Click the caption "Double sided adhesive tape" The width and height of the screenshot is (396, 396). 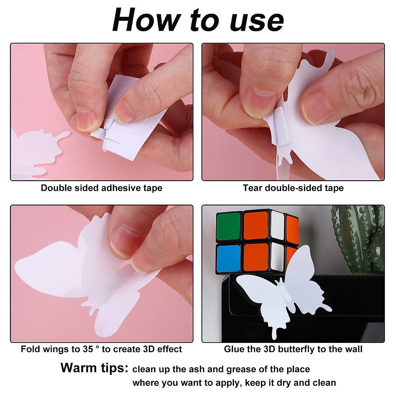pyautogui.click(x=102, y=188)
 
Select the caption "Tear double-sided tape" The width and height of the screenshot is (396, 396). pyautogui.click(x=293, y=188)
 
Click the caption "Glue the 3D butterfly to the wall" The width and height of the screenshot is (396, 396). pyautogui.click(x=293, y=349)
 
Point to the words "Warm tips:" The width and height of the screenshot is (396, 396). pyautogui.click(x=94, y=368)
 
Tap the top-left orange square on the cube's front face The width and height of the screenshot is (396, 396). pyautogui.click(x=256, y=226)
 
